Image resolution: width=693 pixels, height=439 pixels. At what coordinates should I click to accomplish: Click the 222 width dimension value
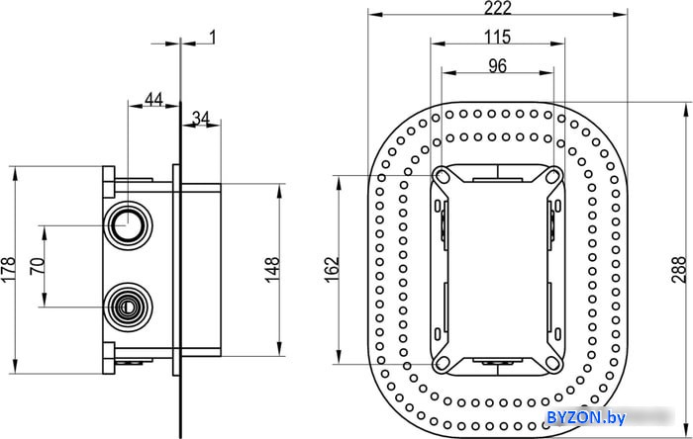(x=497, y=8)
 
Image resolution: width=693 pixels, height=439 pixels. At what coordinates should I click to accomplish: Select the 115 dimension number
(x=497, y=37)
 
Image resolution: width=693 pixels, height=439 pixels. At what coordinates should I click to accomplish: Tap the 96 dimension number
(x=497, y=66)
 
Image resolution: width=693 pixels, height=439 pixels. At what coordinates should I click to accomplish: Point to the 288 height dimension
(x=679, y=270)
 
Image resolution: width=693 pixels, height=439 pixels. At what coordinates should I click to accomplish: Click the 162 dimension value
(x=332, y=270)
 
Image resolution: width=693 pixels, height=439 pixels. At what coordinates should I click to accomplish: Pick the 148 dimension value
(x=272, y=270)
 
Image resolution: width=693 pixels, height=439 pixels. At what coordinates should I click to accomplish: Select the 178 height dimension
(x=8, y=270)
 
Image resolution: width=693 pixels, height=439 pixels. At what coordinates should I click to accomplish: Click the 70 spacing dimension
(x=38, y=266)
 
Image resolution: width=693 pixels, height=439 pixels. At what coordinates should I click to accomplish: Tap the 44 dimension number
(x=153, y=99)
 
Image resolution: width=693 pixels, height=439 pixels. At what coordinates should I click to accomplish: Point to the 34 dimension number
(x=201, y=119)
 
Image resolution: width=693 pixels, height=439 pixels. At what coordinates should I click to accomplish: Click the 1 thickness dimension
(x=212, y=38)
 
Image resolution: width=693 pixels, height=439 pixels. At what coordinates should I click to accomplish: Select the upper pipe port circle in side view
(x=128, y=225)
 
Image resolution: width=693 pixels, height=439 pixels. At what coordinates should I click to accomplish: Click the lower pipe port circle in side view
(x=128, y=307)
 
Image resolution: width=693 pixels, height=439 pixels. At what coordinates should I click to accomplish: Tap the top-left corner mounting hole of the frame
(x=442, y=176)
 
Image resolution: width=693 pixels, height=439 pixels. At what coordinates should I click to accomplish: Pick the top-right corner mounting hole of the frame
(x=552, y=176)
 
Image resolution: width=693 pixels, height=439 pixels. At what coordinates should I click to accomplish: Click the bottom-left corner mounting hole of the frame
(x=442, y=363)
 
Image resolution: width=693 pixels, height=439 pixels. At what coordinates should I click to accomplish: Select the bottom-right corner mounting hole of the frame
(x=552, y=363)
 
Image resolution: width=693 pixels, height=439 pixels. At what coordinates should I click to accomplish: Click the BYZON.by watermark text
(x=586, y=417)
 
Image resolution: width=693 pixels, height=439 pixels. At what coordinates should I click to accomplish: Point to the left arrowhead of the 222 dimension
(x=375, y=15)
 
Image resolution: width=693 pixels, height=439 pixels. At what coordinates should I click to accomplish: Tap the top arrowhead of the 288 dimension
(x=686, y=110)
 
